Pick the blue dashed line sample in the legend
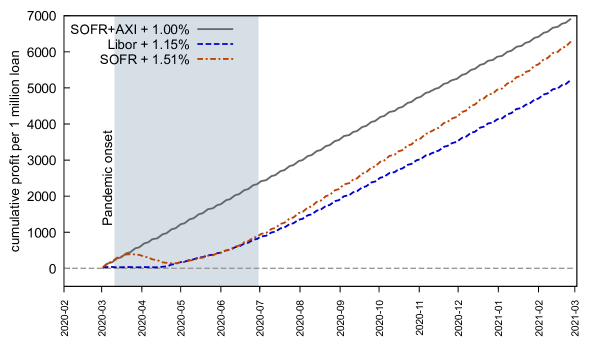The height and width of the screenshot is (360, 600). coord(215,45)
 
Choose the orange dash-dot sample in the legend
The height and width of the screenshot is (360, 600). coord(215,60)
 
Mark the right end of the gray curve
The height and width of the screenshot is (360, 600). coord(571,19)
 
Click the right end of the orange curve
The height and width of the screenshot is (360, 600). coord(571,41)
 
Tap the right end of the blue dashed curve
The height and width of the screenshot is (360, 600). coord(571,80)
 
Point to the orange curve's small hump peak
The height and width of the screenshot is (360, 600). coord(131,253)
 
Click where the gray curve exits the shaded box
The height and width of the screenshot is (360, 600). coord(259,182)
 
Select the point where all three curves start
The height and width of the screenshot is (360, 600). coord(102,268)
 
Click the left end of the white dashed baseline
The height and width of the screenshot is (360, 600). coord(66,268)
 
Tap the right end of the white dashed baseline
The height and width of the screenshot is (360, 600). coord(572,268)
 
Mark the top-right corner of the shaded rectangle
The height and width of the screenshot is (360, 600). coord(259,16)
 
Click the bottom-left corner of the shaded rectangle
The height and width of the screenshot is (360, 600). coord(114,285)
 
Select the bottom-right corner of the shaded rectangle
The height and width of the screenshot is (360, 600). coord(259,285)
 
